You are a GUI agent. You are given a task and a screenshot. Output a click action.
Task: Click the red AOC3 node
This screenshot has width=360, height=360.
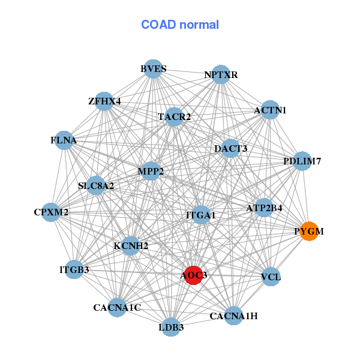tap(193, 275)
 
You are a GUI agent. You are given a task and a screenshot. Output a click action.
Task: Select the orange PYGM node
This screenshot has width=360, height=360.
tap(309, 231)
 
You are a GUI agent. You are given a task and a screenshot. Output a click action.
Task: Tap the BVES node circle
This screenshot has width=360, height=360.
tap(154, 68)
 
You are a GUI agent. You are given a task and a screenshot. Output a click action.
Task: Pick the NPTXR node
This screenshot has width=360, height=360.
tap(221, 75)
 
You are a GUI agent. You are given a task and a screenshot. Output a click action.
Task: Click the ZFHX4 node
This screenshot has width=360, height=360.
tap(104, 101)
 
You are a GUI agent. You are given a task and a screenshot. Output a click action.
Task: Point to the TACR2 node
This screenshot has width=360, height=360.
tap(174, 116)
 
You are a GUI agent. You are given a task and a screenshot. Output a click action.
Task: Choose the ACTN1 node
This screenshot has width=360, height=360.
tap(270, 110)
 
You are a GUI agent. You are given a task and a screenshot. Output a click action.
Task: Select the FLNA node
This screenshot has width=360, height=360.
tap(64, 141)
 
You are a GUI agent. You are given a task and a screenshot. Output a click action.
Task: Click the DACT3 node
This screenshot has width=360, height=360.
tap(230, 148)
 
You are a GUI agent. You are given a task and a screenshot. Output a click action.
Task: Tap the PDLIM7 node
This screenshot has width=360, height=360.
tap(302, 161)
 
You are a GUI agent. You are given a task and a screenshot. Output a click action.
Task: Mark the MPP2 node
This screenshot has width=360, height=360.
tap(151, 172)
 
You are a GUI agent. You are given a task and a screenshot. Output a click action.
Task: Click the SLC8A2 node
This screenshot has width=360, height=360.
tap(97, 186)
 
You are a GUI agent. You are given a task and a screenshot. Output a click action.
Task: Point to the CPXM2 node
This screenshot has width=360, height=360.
tap(51, 212)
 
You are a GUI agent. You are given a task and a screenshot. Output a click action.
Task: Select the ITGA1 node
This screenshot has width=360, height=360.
tap(201, 215)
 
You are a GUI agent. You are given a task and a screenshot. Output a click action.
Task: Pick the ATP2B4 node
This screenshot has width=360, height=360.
tap(264, 208)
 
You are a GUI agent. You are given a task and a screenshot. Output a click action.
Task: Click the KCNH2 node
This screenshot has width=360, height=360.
tap(131, 245)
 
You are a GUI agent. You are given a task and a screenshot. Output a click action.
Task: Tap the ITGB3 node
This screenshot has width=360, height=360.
tap(74, 270)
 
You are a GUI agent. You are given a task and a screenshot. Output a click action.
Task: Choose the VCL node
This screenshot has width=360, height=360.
tap(271, 277)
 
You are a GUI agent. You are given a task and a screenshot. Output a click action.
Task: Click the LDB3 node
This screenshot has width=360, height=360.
tap(172, 327)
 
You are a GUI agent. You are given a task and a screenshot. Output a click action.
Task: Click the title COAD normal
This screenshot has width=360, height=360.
tap(180, 25)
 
